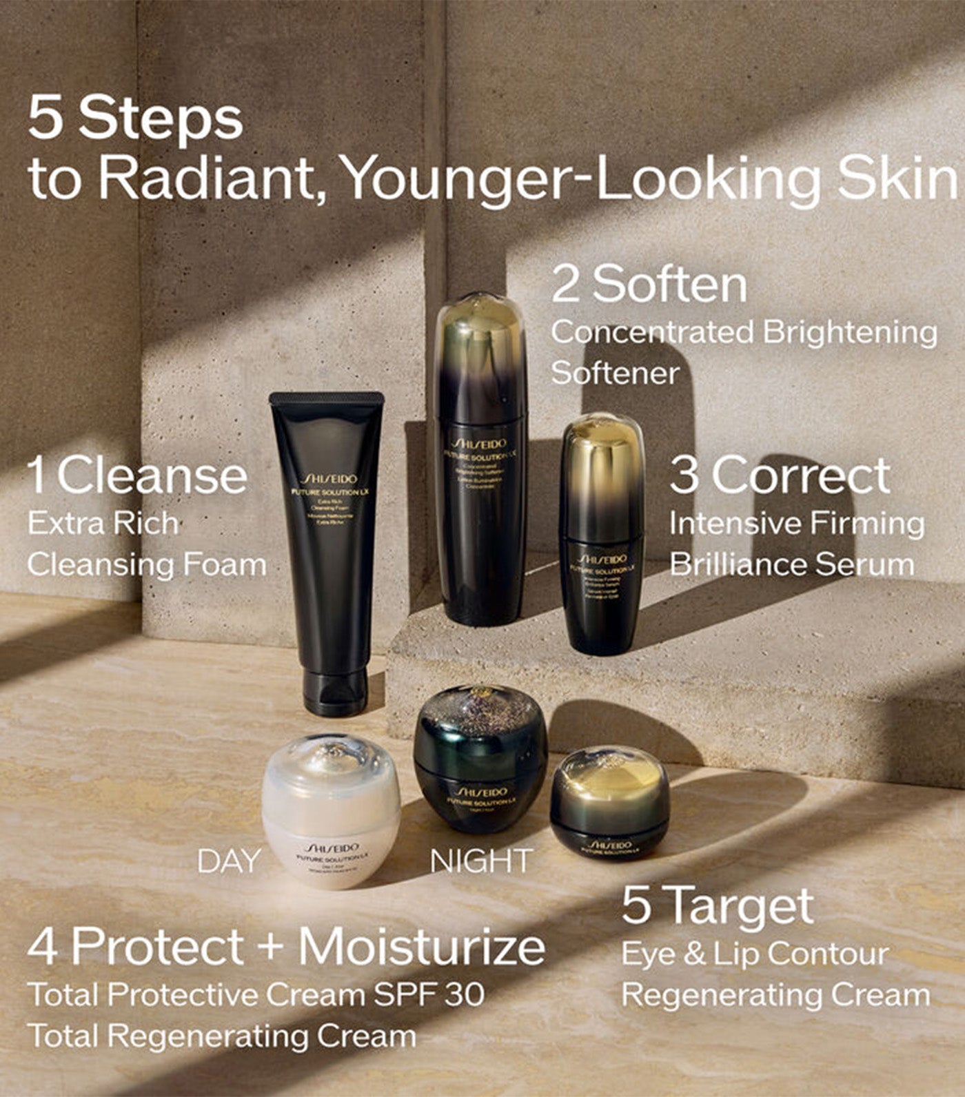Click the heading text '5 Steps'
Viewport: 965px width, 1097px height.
tap(135, 119)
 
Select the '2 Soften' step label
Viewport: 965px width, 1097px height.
tap(649, 283)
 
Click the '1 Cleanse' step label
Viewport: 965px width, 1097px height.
tap(136, 476)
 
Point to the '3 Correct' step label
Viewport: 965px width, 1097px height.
tap(780, 475)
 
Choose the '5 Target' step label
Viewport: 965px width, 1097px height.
tap(717, 905)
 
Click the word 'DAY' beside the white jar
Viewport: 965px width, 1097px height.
tap(229, 861)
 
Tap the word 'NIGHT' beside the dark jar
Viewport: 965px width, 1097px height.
tap(481, 861)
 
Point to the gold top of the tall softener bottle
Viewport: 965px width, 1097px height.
tap(480, 331)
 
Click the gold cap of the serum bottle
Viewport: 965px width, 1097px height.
tap(602, 455)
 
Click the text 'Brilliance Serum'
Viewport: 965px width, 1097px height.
tap(791, 564)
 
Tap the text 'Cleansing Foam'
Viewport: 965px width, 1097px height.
tap(147, 564)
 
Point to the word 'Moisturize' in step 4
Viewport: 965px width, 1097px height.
tap(421, 947)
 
